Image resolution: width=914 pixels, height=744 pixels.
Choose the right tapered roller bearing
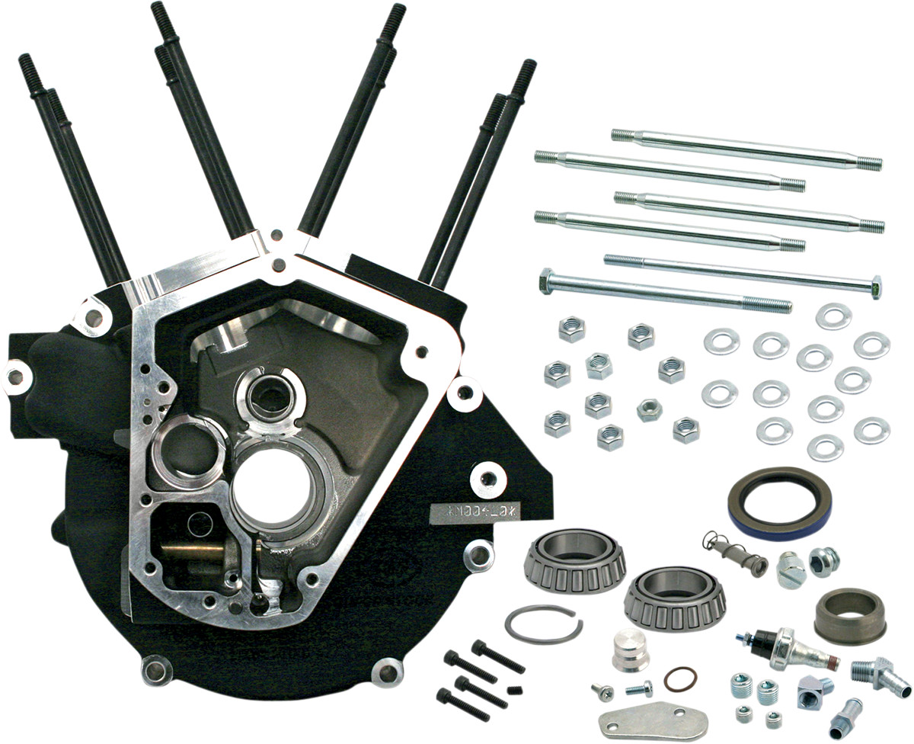pyautogui.click(x=675, y=598)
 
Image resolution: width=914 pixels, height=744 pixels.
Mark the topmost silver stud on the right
pyautogui.click(x=746, y=148)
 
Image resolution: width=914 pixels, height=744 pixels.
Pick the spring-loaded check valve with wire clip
pyautogui.click(x=736, y=556)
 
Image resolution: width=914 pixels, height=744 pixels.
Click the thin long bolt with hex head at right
pyautogui.click(x=743, y=274)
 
